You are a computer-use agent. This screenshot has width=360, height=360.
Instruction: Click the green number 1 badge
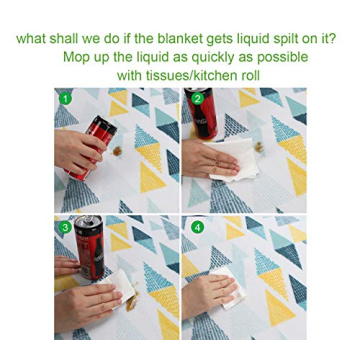point(65,99)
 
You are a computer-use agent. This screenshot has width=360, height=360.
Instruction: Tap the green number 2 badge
point(197,98)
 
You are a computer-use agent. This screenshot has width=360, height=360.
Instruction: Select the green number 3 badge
point(65,227)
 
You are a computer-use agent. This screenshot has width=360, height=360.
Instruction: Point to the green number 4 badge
point(197,227)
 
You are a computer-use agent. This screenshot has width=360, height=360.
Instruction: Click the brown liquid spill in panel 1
point(118,151)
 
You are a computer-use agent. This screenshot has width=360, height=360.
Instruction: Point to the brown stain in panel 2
point(262,147)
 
